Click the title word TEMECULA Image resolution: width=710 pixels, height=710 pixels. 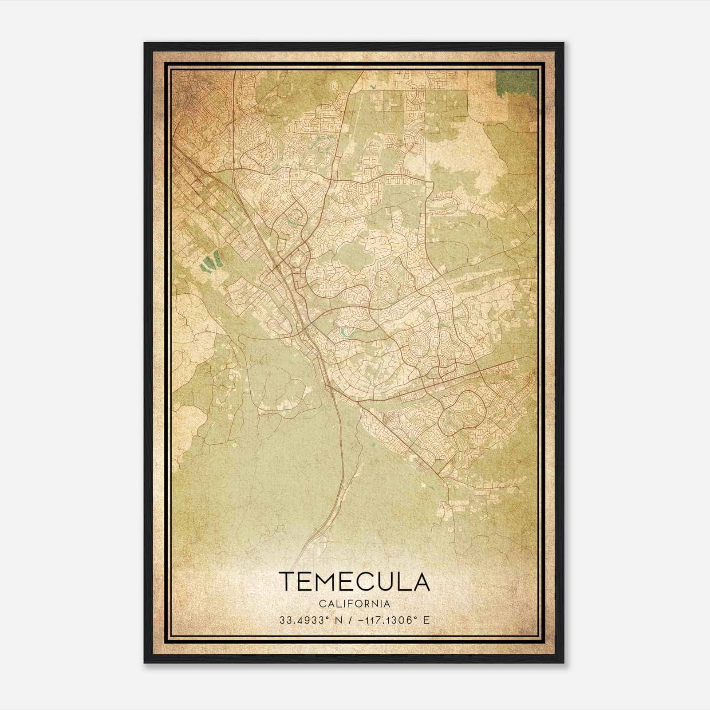(x=355, y=582)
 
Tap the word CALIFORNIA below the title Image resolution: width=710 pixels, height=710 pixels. (x=355, y=604)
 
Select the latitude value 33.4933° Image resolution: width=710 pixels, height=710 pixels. (x=302, y=620)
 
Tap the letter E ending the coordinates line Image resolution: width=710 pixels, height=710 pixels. (x=426, y=620)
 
